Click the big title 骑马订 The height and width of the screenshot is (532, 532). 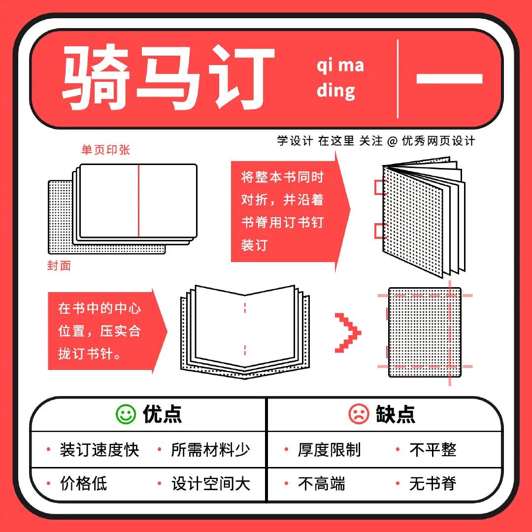[x=168, y=78]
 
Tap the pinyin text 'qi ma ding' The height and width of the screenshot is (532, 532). [x=340, y=78]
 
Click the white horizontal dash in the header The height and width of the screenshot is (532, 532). [x=450, y=78]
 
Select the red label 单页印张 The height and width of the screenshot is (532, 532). [x=105, y=150]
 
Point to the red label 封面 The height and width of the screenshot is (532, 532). [x=59, y=266]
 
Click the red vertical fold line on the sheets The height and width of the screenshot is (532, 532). [x=138, y=200]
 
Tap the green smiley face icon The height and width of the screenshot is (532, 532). [x=126, y=414]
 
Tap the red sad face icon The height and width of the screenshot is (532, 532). [x=359, y=414]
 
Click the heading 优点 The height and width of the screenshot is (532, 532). [x=162, y=414]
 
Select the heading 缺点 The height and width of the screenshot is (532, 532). [x=395, y=414]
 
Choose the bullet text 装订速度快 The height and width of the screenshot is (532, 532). [x=100, y=450]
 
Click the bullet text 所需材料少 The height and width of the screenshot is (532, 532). [x=211, y=450]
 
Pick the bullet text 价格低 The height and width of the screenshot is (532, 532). [x=83, y=484]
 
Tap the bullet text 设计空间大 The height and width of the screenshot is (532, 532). [x=211, y=484]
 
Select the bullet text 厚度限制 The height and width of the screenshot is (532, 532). [x=329, y=450]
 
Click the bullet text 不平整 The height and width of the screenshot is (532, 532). [x=432, y=450]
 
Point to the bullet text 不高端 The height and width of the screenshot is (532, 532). [x=321, y=484]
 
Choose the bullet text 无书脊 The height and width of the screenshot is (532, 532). [x=432, y=484]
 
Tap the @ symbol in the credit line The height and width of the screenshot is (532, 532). [x=392, y=141]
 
